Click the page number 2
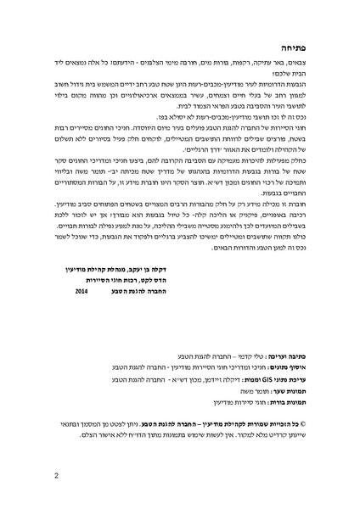[x=54, y=474]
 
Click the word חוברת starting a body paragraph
[x=296, y=204]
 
